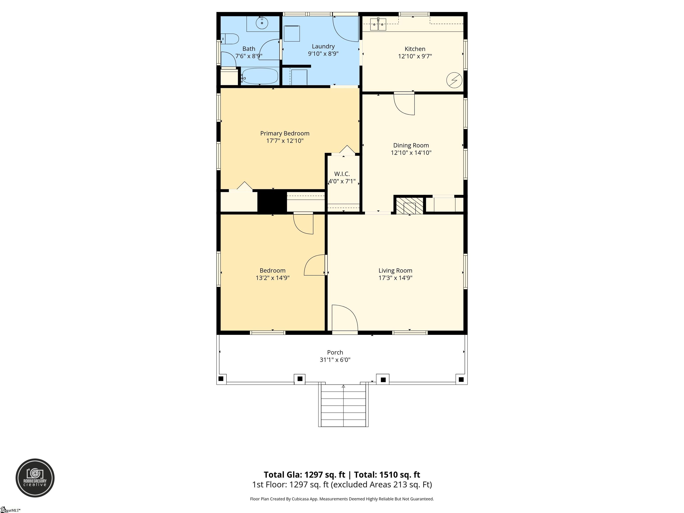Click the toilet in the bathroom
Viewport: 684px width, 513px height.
tap(230, 39)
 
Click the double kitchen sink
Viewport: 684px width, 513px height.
tap(378, 24)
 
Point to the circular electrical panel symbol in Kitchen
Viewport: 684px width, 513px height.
tap(454, 80)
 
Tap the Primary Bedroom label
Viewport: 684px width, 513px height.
tap(285, 133)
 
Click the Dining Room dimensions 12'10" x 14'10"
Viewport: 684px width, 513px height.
tap(411, 153)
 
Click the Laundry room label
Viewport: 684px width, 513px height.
tap(323, 46)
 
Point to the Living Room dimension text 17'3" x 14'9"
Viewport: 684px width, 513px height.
tap(395, 278)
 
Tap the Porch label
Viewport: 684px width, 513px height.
tap(335, 352)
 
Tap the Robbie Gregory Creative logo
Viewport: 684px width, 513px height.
tap(35, 478)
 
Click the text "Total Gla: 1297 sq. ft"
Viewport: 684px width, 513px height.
tap(304, 475)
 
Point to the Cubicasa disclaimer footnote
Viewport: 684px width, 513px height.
tap(342, 499)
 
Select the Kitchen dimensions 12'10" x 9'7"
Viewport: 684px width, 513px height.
tap(415, 56)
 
